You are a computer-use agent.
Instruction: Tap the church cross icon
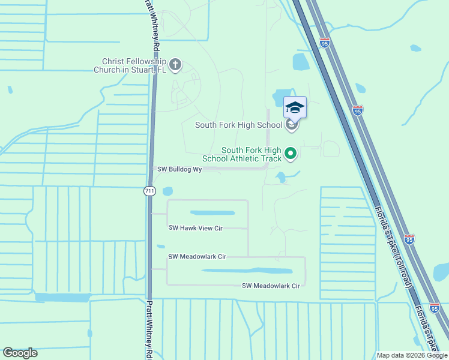(x=175, y=65)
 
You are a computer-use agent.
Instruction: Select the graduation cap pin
(x=294, y=108)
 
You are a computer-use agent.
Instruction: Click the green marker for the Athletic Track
(x=291, y=154)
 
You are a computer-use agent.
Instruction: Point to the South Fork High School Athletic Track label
(x=250, y=154)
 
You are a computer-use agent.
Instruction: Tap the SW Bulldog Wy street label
(x=179, y=170)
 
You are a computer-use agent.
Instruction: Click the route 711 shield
(x=149, y=191)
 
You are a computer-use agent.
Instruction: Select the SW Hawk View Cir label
(x=196, y=228)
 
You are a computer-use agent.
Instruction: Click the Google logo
(x=20, y=353)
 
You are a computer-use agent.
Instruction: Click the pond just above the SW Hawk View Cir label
(x=212, y=212)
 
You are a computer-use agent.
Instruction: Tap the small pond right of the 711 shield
(x=167, y=191)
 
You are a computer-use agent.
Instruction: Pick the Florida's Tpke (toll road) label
(x=393, y=246)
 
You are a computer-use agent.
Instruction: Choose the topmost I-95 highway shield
(x=325, y=43)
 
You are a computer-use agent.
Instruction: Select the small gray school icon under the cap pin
(x=291, y=125)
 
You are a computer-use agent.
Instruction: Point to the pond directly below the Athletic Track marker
(x=280, y=177)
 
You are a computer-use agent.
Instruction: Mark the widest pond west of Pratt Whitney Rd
(x=62, y=297)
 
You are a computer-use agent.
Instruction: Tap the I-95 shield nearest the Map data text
(x=435, y=308)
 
